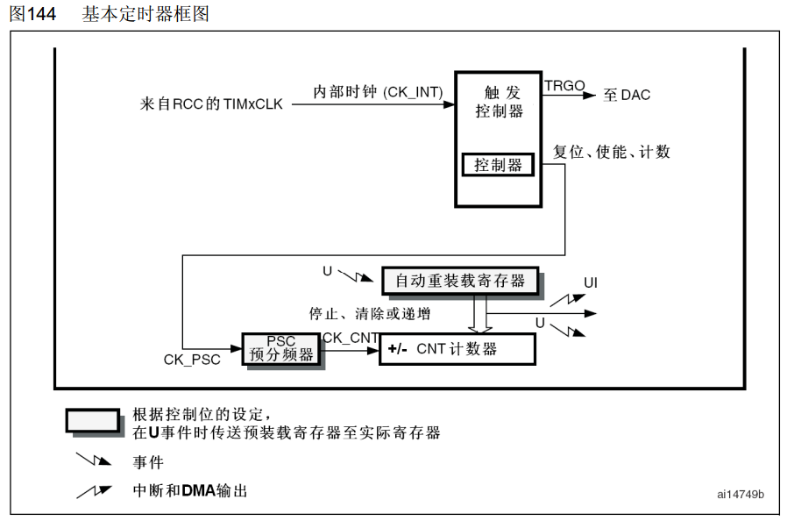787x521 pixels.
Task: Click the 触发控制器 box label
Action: point(500,102)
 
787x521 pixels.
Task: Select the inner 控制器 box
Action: point(498,164)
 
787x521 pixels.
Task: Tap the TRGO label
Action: point(564,85)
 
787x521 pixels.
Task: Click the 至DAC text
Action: point(627,95)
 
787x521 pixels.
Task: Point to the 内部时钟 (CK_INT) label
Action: point(378,91)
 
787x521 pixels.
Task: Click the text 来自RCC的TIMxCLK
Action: point(211,104)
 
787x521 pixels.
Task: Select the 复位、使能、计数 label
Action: point(612,152)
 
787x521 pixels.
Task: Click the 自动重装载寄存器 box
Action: point(460,281)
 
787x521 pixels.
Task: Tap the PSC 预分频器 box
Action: point(281,348)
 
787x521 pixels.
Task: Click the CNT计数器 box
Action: point(457,348)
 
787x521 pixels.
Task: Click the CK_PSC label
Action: point(192,360)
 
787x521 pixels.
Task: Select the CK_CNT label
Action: point(351,337)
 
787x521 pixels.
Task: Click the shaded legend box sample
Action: point(93,420)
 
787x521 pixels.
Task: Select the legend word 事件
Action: point(148,461)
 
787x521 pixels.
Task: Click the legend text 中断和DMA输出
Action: point(190,490)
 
